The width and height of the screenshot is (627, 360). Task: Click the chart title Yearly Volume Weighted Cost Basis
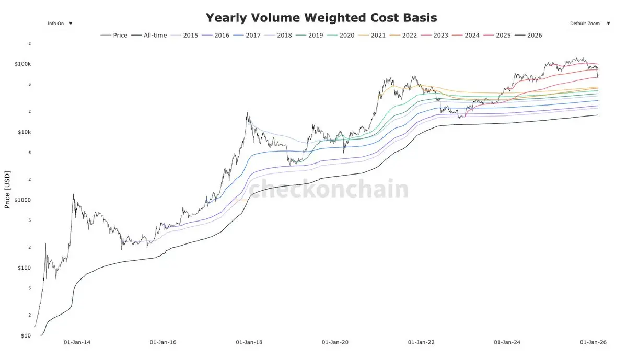pos(321,18)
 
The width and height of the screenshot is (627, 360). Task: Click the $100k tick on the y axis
pos(24,64)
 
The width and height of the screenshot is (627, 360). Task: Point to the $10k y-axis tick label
pos(25,132)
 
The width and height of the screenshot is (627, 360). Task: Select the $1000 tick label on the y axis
pos(24,200)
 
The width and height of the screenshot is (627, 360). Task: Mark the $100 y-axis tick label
pos(25,268)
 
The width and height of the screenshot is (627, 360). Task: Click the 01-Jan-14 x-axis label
pos(77,343)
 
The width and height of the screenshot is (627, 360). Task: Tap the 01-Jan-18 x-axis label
pos(249,343)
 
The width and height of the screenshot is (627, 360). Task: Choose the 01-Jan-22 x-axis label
pos(421,343)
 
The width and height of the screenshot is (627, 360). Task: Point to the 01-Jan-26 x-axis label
pos(593,343)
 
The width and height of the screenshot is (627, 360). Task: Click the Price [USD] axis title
pos(7,189)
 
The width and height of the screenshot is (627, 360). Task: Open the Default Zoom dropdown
pos(590,24)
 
